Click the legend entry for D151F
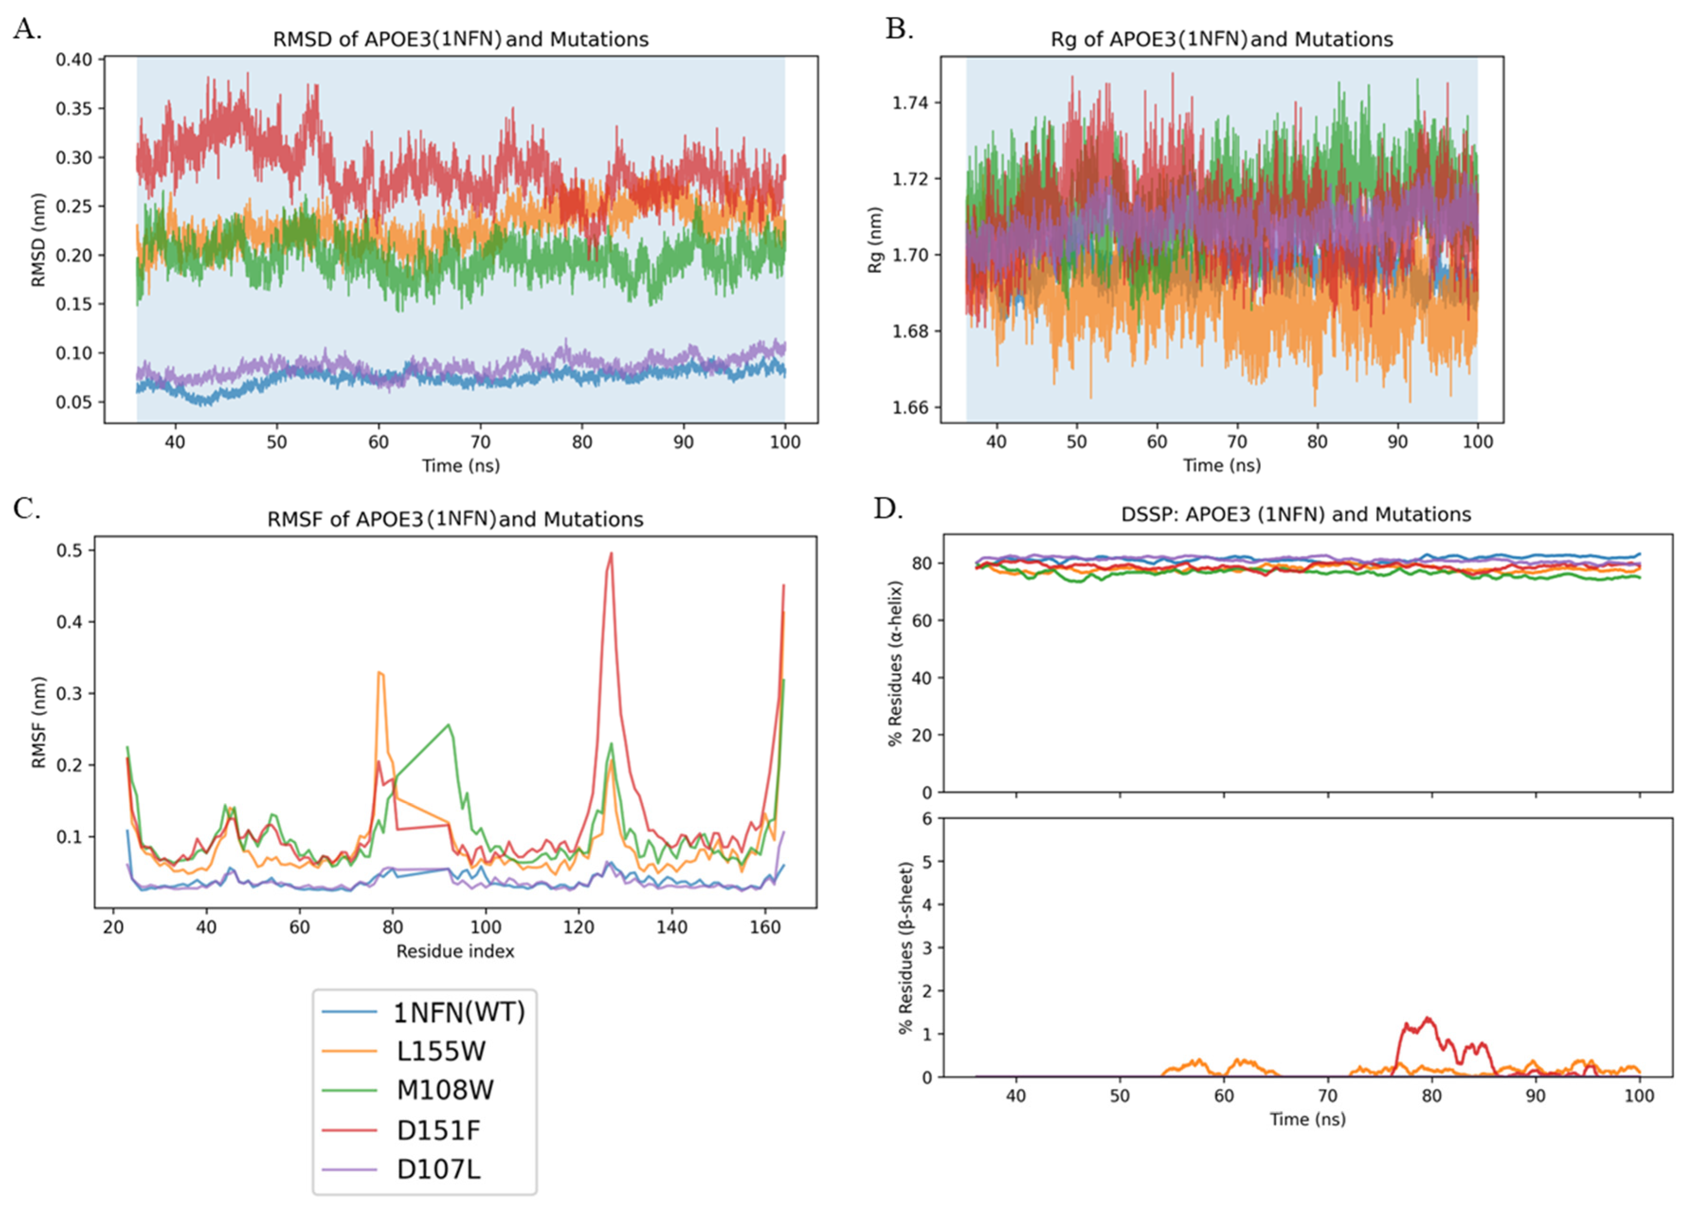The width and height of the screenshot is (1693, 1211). point(438,1130)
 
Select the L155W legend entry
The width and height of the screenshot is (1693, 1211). point(440,1051)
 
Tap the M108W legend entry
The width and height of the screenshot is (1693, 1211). point(444,1090)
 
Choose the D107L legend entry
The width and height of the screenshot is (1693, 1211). point(438,1168)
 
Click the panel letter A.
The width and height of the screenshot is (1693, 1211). point(27,30)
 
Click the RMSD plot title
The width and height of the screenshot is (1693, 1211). point(460,39)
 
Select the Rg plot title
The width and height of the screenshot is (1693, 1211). point(1221,39)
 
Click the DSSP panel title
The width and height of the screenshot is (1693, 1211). point(1296,515)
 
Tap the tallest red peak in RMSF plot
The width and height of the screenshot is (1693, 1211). point(611,553)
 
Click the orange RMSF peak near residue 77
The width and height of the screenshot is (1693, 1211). point(380,673)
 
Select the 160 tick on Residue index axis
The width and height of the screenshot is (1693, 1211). point(765,927)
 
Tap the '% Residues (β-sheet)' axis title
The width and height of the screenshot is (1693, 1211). point(906,948)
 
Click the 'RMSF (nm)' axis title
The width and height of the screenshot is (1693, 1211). point(39,722)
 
